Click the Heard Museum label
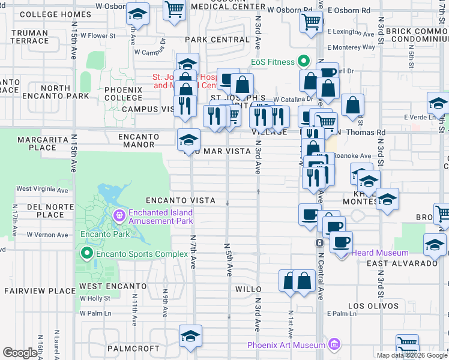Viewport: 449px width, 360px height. tap(380, 253)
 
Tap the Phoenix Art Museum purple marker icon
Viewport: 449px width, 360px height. tap(335, 345)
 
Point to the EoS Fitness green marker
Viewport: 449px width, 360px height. tap(304, 62)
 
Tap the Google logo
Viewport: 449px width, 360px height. tap(20, 353)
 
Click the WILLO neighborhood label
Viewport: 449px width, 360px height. tap(248, 289)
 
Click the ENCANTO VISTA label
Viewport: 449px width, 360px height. tap(180, 200)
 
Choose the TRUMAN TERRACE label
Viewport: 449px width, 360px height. tap(29, 37)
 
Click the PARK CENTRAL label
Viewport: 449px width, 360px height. tap(217, 40)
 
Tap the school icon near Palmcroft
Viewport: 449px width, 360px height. tap(190, 336)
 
